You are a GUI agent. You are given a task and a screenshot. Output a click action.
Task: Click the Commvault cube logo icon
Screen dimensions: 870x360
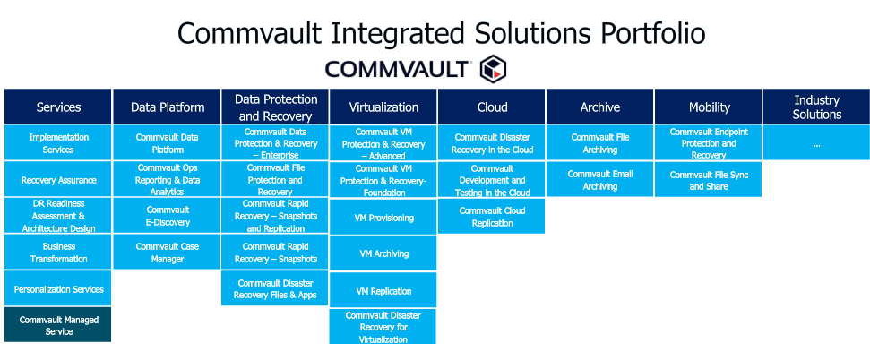click(493, 69)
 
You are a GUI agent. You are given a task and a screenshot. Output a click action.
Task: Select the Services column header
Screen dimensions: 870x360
click(58, 107)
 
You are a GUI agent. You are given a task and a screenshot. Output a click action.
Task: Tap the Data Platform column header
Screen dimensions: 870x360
click(167, 107)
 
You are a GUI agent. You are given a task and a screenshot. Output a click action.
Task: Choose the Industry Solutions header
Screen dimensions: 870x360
click(816, 107)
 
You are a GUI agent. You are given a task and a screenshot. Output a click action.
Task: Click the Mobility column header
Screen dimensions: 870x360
click(709, 107)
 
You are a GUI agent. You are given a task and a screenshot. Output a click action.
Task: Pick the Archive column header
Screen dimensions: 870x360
click(599, 107)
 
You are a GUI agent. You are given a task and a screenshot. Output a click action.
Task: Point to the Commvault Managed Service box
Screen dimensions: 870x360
click(57, 326)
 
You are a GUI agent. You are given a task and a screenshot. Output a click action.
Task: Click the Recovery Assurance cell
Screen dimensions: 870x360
click(58, 180)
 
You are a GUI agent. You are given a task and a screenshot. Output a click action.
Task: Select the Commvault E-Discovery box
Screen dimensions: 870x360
click(167, 217)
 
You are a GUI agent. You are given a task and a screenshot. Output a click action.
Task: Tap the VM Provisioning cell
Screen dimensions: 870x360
click(383, 218)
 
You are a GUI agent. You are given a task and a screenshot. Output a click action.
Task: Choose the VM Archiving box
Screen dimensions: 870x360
click(383, 253)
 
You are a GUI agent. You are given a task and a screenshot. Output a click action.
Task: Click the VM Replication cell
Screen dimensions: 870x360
click(383, 291)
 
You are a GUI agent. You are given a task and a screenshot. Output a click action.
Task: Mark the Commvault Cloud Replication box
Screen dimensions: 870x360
click(492, 217)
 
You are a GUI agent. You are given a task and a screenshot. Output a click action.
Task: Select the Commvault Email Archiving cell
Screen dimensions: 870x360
click(599, 180)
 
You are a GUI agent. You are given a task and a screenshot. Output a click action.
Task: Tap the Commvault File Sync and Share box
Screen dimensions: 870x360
click(709, 180)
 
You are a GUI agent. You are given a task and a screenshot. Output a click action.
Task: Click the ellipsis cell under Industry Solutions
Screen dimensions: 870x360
click(816, 143)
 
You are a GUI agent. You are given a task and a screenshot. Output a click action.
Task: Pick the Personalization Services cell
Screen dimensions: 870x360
click(58, 289)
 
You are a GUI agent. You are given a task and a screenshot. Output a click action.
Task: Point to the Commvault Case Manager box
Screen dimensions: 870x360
click(167, 253)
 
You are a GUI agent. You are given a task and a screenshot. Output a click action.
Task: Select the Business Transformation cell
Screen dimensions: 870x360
click(58, 253)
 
